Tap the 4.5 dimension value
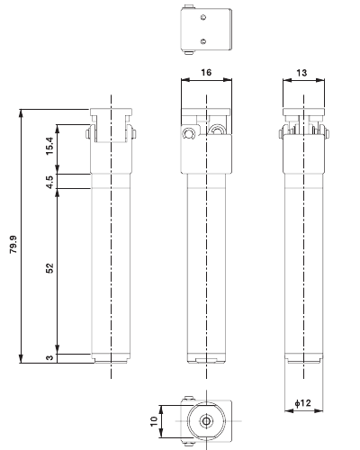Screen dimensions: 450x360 coord(51,181)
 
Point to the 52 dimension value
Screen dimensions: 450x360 coord(50,267)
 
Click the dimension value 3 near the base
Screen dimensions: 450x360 coord(51,358)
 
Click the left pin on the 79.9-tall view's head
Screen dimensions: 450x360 coord(89,134)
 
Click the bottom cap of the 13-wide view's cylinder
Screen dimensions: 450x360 coord(303,358)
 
